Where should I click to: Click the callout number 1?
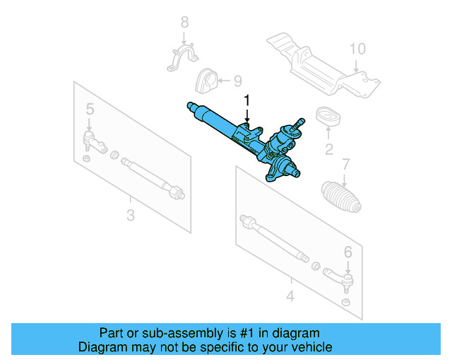coord(247,100)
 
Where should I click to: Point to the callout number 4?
coord(290,296)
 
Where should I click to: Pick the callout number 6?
coord(347,251)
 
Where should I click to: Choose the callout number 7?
coord(345,165)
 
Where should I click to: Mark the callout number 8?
coord(185,22)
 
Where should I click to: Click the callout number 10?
coord(358,49)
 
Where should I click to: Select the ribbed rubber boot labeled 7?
coord(341,197)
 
